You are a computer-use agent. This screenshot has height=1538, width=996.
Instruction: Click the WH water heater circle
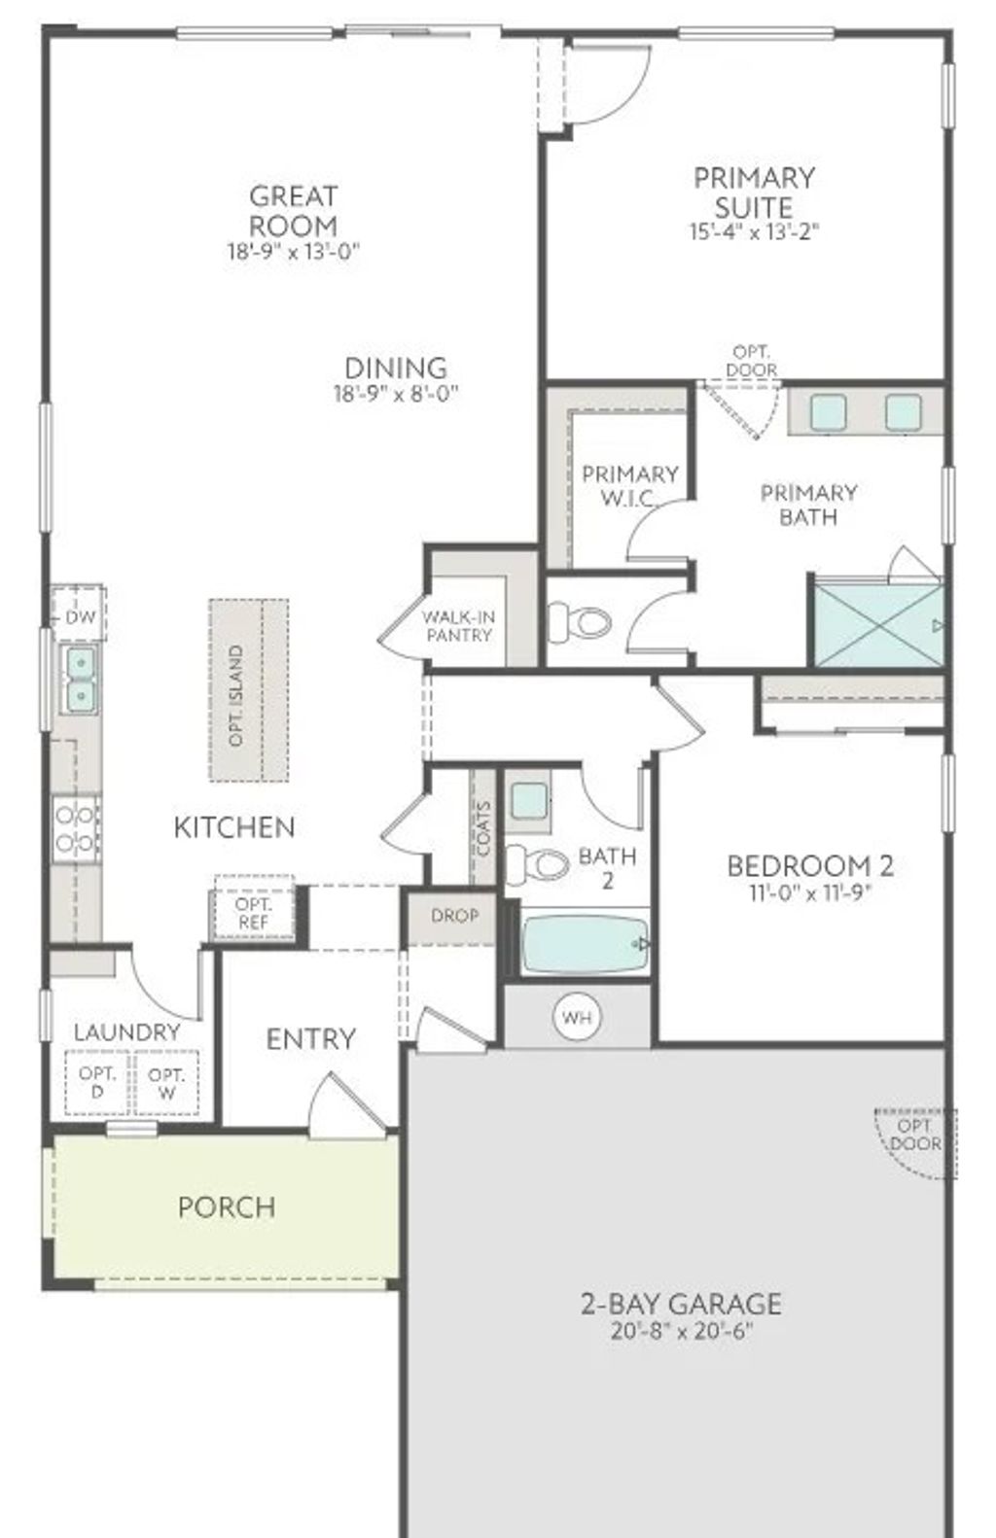tap(577, 1018)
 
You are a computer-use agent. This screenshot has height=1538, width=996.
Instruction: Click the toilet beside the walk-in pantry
tap(580, 621)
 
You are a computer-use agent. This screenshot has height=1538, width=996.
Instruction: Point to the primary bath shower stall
tap(878, 625)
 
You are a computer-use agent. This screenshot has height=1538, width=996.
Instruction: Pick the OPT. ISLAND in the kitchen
tap(249, 690)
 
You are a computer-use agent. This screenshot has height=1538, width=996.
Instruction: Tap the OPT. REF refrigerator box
tap(253, 913)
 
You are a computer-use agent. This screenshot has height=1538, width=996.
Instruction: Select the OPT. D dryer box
tap(97, 1082)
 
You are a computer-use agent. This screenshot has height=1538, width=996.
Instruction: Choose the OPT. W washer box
tap(167, 1082)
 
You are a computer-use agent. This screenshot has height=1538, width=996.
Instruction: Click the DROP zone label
tap(454, 916)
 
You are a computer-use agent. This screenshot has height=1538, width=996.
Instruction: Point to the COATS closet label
tap(483, 828)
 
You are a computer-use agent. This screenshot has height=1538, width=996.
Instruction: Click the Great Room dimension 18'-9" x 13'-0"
tap(294, 252)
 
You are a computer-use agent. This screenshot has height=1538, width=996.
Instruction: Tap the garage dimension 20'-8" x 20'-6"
tap(682, 1331)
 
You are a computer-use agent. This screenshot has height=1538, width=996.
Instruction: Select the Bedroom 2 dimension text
tap(809, 892)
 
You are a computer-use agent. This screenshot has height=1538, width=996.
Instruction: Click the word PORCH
tap(227, 1207)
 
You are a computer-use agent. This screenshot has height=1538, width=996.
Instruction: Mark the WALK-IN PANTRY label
tap(458, 626)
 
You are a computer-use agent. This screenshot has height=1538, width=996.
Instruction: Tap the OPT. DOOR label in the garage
tap(915, 1135)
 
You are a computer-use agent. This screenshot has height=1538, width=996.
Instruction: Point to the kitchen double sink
tap(80, 679)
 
